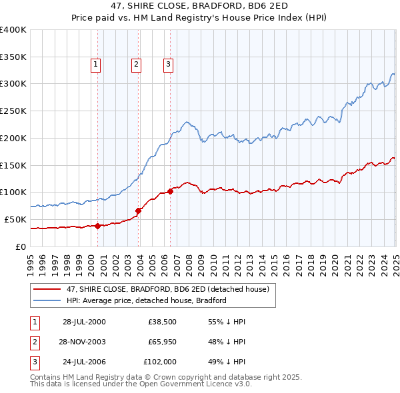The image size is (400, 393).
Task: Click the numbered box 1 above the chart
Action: (96, 65)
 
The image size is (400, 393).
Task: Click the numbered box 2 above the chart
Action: (136, 65)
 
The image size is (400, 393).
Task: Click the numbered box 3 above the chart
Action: (168, 65)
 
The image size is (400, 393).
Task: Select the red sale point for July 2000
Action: (98, 226)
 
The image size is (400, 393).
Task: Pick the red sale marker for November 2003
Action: (139, 210)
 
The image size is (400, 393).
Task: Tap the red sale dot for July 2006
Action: (171, 191)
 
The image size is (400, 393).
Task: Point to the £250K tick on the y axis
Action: (13, 111)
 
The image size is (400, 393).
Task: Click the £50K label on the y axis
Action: (15, 219)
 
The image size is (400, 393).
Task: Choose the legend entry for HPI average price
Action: (146, 300)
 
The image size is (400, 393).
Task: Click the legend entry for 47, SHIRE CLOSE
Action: (167, 289)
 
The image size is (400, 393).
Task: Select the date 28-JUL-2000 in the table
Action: (83, 321)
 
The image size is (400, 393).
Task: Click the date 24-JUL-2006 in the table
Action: (83, 362)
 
